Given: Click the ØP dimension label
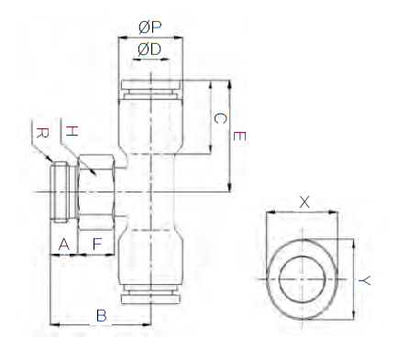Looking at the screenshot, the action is pyautogui.click(x=150, y=27).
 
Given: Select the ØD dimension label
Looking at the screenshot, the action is pyautogui.click(x=149, y=49).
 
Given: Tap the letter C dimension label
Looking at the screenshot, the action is pyautogui.click(x=220, y=118).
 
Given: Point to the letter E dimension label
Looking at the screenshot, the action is pyautogui.click(x=239, y=136).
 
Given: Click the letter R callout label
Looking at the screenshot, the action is pyautogui.click(x=42, y=133).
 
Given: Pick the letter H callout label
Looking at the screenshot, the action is pyautogui.click(x=72, y=131).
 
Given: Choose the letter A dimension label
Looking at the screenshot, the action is pyautogui.click(x=63, y=245).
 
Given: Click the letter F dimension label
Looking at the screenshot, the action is pyautogui.click(x=97, y=245).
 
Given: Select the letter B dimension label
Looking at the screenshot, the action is pyautogui.click(x=102, y=316).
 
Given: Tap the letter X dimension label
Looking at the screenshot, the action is pyautogui.click(x=304, y=202).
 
